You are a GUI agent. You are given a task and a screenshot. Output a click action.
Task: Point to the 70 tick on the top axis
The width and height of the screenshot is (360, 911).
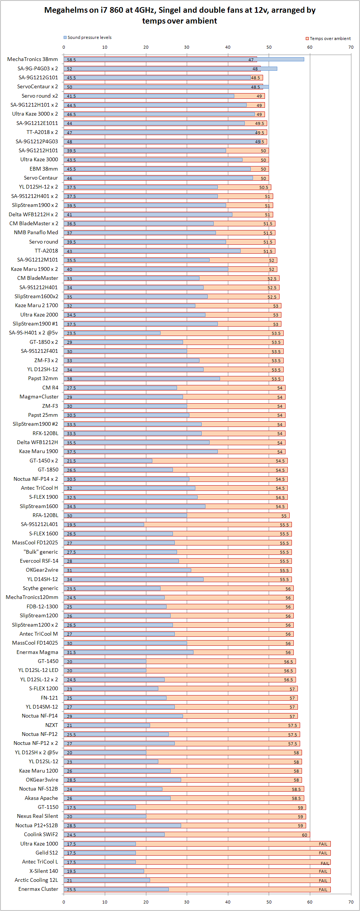point(351,47)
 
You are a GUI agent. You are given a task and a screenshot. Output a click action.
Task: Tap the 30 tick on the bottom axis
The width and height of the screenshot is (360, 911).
point(187,902)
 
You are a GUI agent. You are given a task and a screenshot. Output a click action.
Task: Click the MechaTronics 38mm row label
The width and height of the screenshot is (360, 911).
point(33,59)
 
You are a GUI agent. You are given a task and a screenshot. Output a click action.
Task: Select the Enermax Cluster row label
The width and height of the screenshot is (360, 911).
point(38,889)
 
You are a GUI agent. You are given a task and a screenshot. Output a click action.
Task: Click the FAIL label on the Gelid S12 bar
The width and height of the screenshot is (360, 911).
point(323,853)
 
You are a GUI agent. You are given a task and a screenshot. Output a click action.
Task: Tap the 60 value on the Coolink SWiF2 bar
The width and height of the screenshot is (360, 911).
point(305,835)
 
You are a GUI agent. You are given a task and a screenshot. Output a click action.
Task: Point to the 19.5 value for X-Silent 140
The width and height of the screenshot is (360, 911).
point(71,871)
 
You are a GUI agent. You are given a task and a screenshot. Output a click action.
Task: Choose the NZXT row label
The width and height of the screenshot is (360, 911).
point(52,725)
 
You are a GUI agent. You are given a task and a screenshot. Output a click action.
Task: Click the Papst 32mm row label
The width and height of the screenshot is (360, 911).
point(43,378)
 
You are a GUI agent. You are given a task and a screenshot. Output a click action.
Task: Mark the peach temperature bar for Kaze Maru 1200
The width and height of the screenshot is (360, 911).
point(236,771)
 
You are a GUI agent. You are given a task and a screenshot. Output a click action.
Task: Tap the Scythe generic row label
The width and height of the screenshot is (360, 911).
point(40,588)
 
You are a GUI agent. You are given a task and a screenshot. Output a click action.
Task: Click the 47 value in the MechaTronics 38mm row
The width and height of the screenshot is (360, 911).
point(251,60)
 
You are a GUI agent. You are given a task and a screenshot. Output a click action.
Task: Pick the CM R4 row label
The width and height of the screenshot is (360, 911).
point(50,388)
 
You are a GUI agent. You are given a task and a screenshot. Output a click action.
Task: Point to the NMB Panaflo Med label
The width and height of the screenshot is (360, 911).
point(36,232)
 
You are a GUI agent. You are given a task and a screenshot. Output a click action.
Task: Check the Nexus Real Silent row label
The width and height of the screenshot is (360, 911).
point(37,816)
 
